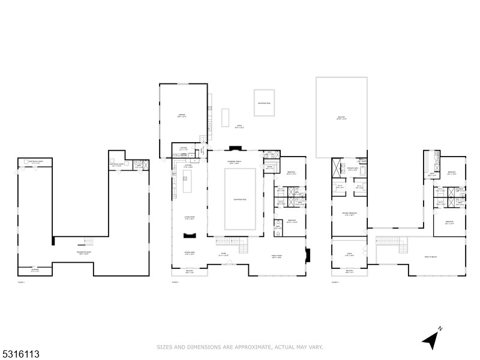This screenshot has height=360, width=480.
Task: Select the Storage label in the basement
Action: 34,269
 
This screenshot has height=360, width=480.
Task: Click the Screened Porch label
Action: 235,163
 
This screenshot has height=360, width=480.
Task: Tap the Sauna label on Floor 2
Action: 269,167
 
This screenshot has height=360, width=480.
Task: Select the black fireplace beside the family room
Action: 308,254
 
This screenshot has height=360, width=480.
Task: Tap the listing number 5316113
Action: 20,355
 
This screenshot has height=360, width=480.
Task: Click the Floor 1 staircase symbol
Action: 89,242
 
